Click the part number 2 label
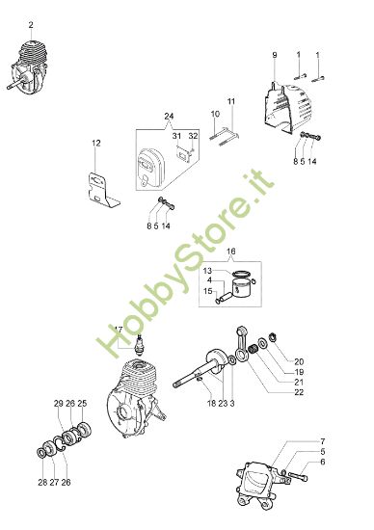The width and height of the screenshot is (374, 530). point(31,23)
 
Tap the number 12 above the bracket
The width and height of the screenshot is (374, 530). point(95,143)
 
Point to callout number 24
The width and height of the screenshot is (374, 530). point(170,117)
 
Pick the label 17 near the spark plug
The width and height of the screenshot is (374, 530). point(118,329)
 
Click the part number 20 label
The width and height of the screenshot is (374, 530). point(300,360)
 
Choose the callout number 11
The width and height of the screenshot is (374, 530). point(231,101)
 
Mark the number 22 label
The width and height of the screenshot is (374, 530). point(300,392)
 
